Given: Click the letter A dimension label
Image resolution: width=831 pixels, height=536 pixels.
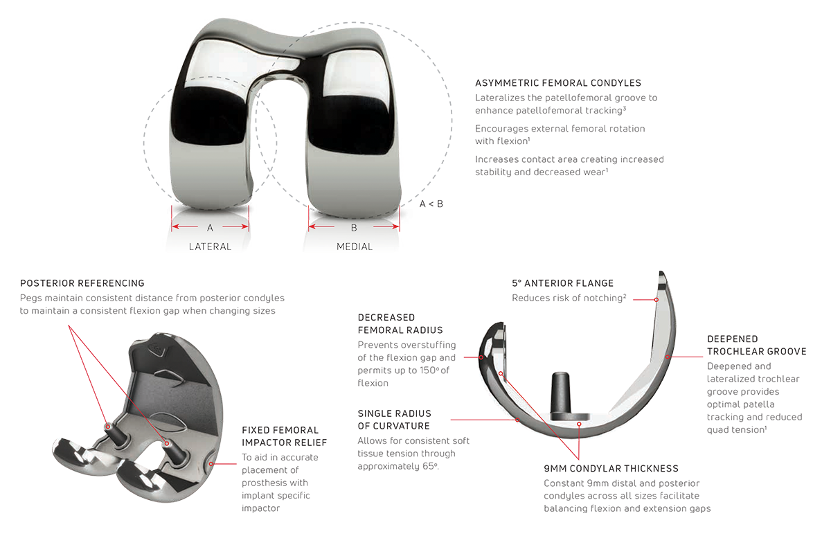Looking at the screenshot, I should [210, 226].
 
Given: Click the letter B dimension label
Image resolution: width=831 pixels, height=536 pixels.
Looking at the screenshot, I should [353, 226].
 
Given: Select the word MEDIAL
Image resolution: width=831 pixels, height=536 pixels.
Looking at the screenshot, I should [354, 247].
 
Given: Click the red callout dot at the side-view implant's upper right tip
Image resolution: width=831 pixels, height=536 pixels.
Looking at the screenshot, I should [656, 300].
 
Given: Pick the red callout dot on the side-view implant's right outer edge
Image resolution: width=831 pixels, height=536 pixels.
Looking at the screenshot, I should [668, 357].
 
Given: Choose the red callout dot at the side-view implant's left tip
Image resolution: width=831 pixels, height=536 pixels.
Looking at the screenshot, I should [481, 357].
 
